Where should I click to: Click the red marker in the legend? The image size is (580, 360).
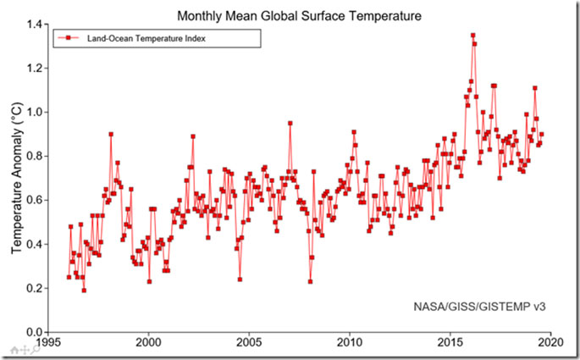(x=69, y=38)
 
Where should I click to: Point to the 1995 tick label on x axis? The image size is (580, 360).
(x=47, y=344)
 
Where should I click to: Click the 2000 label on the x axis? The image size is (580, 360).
(x=148, y=344)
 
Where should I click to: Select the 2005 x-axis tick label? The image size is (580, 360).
(x=248, y=344)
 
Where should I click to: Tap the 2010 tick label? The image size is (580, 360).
(x=349, y=344)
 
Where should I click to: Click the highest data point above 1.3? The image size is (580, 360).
(x=472, y=36)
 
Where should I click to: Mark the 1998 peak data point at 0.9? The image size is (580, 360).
(x=110, y=134)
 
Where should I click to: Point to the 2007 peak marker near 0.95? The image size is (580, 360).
(x=290, y=123)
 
